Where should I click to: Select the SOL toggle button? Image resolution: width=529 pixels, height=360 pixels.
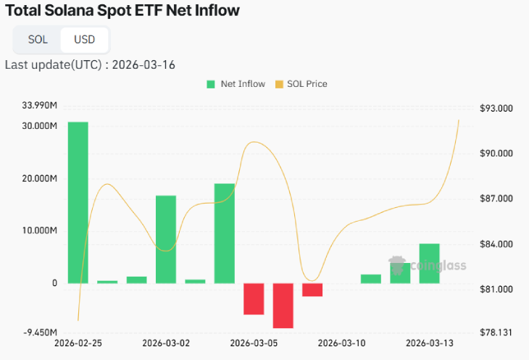(38, 39)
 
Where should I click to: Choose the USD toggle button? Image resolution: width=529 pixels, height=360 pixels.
(84, 39)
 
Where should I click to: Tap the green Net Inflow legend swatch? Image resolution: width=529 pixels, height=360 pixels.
(211, 84)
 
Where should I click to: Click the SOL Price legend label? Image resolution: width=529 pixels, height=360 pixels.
(307, 84)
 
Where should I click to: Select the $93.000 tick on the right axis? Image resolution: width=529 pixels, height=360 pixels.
(496, 108)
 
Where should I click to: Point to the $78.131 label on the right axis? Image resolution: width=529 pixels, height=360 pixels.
(496, 332)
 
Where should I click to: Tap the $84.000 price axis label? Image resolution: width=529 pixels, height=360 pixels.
(496, 244)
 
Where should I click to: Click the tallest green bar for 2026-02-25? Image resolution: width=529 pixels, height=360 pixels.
(78, 202)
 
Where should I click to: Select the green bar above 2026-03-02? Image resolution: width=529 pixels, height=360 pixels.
(166, 239)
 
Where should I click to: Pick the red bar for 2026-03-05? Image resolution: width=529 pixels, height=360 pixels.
(254, 298)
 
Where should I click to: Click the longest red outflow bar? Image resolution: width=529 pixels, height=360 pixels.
(283, 305)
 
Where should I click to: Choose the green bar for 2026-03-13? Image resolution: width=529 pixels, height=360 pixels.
(429, 263)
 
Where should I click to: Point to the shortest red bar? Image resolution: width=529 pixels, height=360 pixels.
(312, 290)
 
